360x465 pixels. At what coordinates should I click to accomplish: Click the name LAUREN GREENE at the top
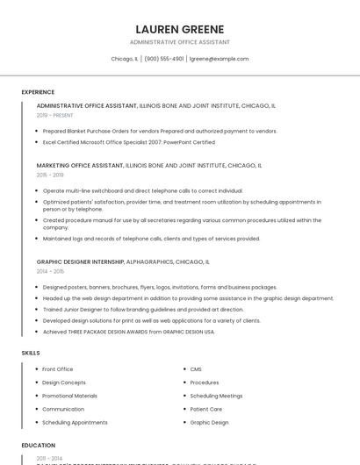coord(180,29)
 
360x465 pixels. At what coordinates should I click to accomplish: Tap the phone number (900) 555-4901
coord(164,59)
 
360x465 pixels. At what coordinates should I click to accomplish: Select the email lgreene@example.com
coord(220,59)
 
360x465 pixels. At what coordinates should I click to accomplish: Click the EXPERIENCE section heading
coord(38,92)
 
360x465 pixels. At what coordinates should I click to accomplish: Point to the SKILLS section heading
coord(31,353)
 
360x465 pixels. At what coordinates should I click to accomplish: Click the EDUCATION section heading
coord(39,445)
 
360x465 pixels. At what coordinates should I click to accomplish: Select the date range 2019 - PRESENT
coord(55,115)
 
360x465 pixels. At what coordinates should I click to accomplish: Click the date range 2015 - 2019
coord(49,175)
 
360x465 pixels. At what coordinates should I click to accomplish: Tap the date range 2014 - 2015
coord(49,271)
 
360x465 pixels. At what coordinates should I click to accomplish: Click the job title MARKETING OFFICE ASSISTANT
coord(80,165)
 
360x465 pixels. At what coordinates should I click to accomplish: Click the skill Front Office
coord(58,369)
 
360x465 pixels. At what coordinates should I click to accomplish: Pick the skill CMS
coord(196,369)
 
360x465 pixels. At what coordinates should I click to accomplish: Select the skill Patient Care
coord(206,409)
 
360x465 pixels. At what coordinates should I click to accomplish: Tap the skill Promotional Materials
coord(69,396)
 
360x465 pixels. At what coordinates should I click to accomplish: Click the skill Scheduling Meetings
coord(216,396)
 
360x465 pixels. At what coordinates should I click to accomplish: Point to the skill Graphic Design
coord(209,422)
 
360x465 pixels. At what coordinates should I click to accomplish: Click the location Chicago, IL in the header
coord(124,59)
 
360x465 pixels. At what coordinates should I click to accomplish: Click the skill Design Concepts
coord(64,383)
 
